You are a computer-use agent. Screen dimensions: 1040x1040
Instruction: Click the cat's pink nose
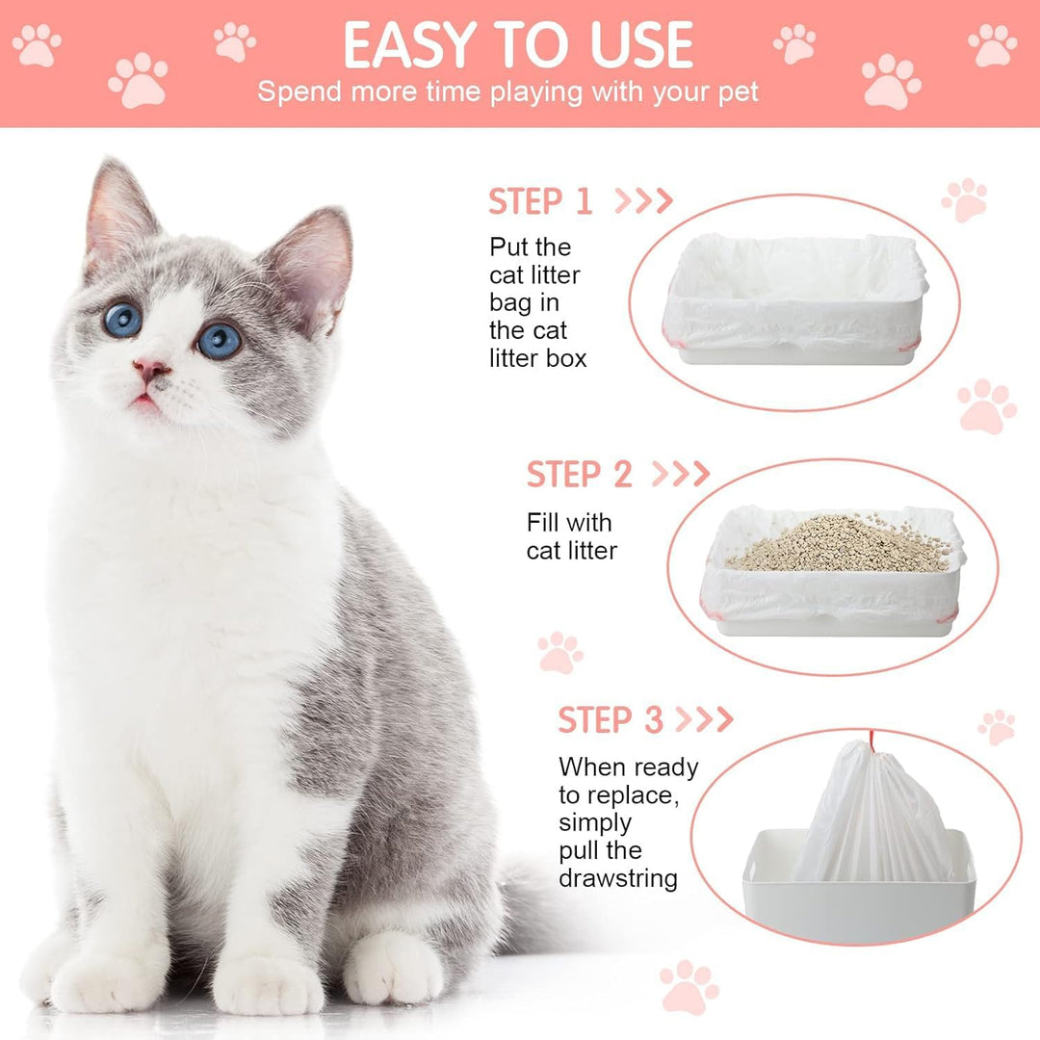click(x=151, y=369)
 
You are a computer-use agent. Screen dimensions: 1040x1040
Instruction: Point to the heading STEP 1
click(x=539, y=201)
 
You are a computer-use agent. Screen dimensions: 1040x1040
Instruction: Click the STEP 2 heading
click(x=579, y=474)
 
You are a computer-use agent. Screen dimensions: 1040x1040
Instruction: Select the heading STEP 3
click(x=611, y=719)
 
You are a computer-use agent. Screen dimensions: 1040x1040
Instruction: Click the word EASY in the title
click(x=411, y=45)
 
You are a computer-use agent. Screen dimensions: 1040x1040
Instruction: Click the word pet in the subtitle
click(x=739, y=93)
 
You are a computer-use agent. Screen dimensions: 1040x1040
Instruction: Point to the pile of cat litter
click(x=839, y=545)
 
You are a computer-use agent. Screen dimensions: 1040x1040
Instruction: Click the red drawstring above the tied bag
click(x=872, y=741)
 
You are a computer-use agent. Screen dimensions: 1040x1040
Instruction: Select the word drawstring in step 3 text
click(x=617, y=878)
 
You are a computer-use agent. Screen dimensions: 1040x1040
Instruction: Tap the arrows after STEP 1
click(x=643, y=200)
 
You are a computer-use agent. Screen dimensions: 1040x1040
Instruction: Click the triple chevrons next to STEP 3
click(x=704, y=719)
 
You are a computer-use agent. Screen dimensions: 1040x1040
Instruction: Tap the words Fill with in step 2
click(x=569, y=523)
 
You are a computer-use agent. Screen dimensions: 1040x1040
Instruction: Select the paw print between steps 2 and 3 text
click(x=559, y=653)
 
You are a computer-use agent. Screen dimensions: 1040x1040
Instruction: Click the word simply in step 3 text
click(x=594, y=823)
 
